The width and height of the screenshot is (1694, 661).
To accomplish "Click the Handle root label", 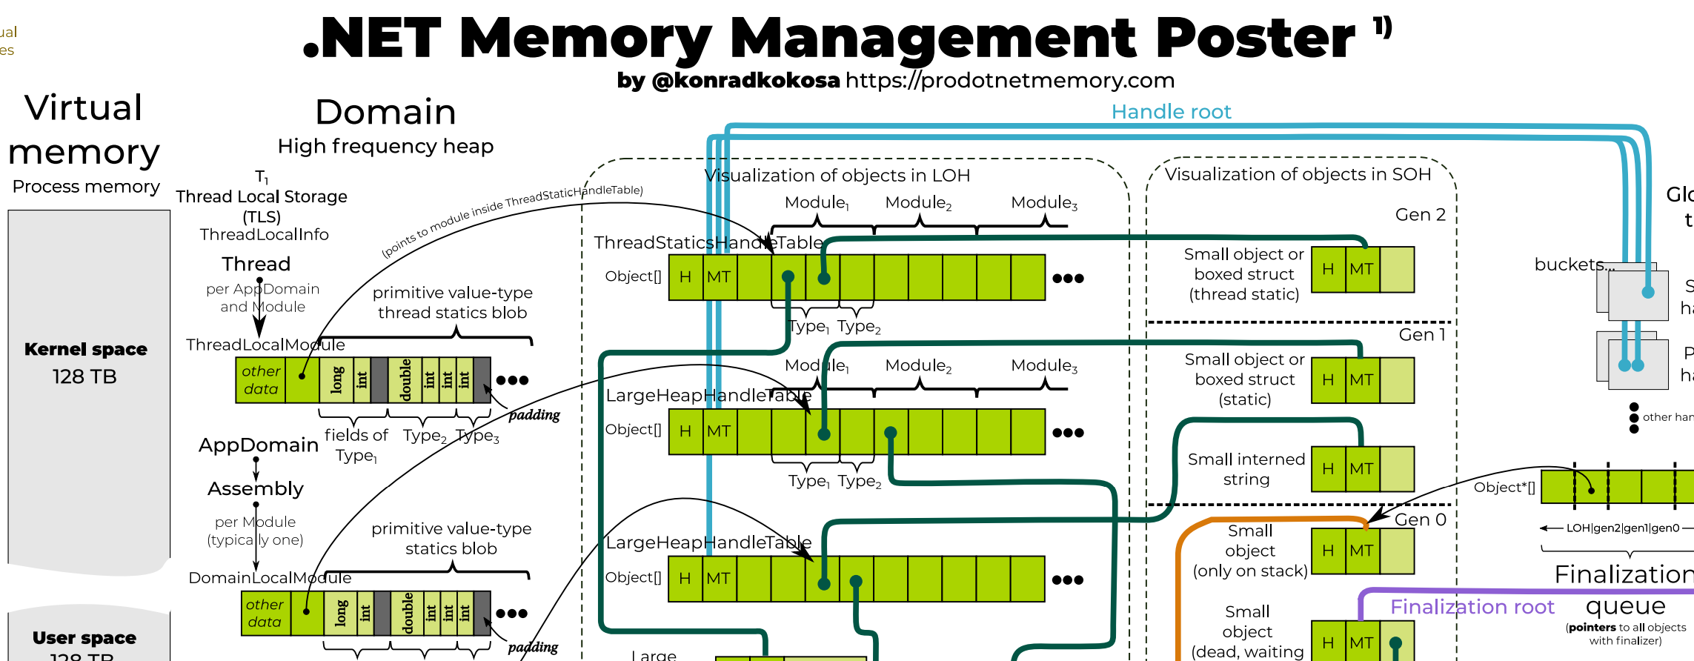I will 1171,112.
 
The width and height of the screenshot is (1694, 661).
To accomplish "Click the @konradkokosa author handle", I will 745,80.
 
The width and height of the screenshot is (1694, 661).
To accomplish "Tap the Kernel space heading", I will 85,349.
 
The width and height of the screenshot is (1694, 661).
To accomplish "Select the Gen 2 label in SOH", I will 1420,215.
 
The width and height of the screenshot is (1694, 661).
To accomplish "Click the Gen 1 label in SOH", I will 1421,335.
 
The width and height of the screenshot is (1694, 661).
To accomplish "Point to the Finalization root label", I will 1472,607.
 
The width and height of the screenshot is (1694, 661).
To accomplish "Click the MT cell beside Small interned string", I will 1362,469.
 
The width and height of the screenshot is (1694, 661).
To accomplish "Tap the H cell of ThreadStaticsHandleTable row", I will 685,277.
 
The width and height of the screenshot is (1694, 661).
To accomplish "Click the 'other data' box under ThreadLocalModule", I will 261,380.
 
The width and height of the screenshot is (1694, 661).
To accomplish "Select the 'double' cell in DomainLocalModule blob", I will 408,613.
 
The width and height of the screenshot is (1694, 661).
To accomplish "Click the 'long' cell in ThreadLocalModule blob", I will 336,380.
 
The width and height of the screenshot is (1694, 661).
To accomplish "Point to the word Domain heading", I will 385,113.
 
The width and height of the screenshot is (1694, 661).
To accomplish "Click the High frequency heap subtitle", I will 385,147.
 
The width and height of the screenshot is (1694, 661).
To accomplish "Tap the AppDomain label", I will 258,445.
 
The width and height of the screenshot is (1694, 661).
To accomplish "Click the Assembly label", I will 256,489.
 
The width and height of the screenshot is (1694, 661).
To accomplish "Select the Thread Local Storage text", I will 261,197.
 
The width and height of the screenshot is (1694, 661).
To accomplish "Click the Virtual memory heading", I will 84,130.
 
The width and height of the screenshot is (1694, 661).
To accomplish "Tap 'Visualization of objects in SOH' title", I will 1298,174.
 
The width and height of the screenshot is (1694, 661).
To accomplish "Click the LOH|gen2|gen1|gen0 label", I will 1622,528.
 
